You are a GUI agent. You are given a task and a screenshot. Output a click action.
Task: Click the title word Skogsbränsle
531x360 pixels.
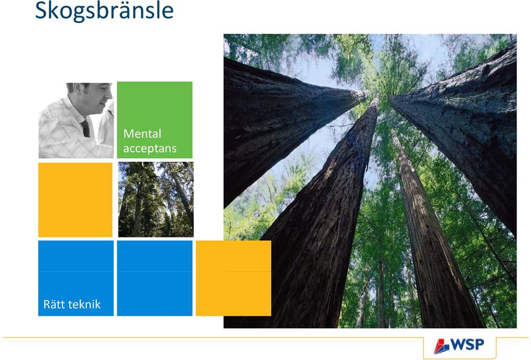[x=104, y=11]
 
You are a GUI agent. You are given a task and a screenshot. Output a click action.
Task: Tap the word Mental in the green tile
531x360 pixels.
[x=142, y=133]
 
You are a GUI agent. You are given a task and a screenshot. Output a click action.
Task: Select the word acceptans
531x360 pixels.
[x=149, y=148]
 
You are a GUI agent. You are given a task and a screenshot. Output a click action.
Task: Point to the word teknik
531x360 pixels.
[x=84, y=304]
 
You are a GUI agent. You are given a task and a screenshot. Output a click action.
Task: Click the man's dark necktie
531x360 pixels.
[x=86, y=128]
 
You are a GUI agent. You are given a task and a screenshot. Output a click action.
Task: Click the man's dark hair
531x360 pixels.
[x=79, y=87]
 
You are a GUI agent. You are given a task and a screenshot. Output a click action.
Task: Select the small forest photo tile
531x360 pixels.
[x=156, y=199]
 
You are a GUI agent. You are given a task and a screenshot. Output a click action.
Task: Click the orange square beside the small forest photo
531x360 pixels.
[x=75, y=200]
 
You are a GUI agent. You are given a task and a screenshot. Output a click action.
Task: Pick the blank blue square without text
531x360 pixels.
[x=155, y=278]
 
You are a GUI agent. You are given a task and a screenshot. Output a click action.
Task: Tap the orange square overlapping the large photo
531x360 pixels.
[x=233, y=278]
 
